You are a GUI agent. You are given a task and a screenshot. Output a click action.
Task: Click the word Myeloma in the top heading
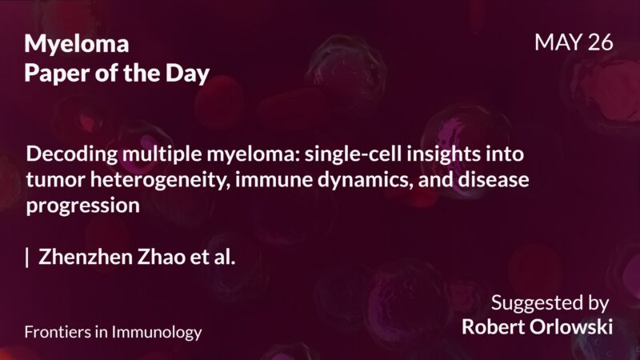(x=77, y=44)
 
